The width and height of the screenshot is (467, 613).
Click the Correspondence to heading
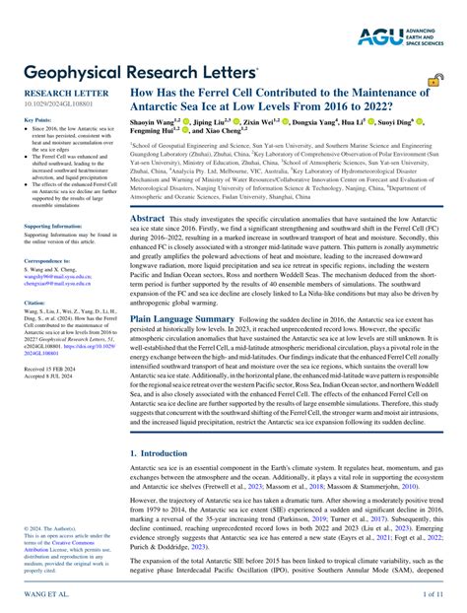(48, 261)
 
